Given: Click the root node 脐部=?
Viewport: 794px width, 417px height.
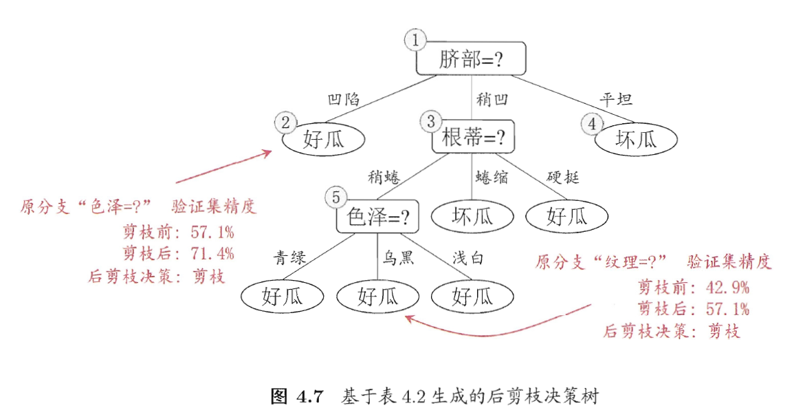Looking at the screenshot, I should tap(471, 59).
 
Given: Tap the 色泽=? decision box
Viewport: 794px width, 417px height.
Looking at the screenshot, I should tap(377, 217).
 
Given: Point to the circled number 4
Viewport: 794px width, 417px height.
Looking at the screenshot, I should tap(592, 124).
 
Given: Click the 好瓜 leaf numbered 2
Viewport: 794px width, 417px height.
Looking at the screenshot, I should tap(323, 140).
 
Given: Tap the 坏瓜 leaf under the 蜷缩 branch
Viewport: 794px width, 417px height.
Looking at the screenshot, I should tap(472, 217).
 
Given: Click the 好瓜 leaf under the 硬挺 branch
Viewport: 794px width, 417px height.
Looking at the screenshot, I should tap(567, 217).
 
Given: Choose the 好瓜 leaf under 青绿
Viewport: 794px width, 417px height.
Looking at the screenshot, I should tap(283, 297).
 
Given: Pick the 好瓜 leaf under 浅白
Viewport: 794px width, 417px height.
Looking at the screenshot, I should tap(472, 297).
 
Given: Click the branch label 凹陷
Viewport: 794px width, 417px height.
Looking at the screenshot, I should tap(344, 99).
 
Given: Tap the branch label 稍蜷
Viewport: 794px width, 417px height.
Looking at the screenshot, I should tap(384, 178).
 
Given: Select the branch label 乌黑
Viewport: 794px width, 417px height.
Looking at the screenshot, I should tap(398, 258).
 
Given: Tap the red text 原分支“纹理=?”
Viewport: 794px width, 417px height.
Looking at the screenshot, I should tap(602, 261).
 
